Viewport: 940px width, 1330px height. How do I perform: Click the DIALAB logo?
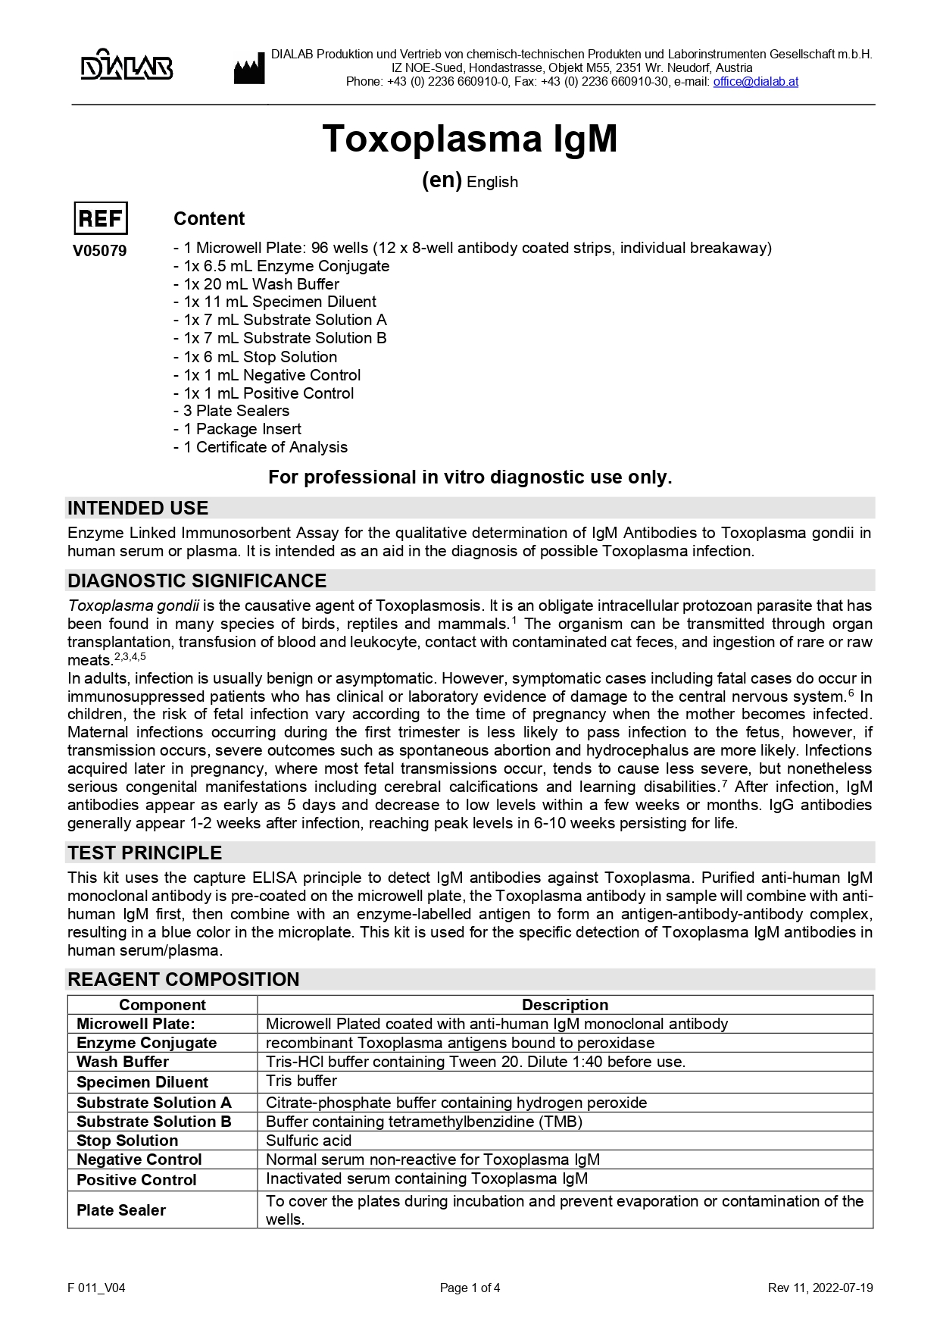click(126, 65)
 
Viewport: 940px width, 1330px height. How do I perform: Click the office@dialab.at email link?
click(755, 82)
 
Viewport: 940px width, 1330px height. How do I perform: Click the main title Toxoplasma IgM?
click(470, 139)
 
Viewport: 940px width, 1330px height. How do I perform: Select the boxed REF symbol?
click(101, 219)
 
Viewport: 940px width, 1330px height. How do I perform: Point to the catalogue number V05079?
click(100, 251)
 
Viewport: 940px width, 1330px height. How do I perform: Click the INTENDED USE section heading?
click(138, 508)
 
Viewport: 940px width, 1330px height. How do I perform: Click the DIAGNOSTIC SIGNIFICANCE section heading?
click(197, 581)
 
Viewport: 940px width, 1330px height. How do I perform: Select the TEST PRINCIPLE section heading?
click(145, 853)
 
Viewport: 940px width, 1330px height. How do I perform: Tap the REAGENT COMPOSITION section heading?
click(183, 979)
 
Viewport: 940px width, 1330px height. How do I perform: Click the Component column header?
click(162, 1005)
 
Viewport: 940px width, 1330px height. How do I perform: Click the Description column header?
click(564, 1005)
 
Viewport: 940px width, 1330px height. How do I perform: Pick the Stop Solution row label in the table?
click(127, 1141)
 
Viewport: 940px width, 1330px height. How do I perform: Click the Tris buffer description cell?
click(301, 1081)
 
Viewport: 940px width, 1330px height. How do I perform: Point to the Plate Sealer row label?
click(121, 1210)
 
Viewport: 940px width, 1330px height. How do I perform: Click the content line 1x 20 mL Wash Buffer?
click(261, 284)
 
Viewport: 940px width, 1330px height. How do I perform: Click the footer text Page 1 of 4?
click(470, 1288)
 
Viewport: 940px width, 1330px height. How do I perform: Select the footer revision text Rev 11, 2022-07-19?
click(820, 1288)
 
